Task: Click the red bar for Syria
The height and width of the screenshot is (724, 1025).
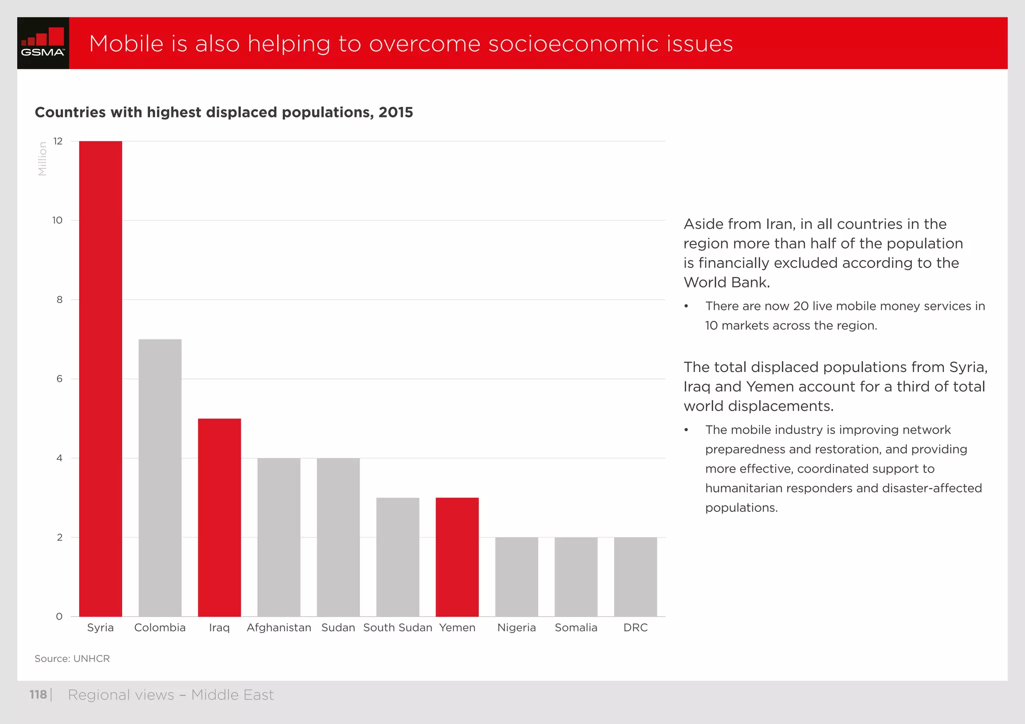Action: tap(100, 378)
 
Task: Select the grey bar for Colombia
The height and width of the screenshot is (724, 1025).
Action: tap(160, 477)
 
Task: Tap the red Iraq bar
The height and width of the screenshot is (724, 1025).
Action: tap(219, 517)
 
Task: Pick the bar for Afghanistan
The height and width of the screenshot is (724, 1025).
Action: tap(279, 537)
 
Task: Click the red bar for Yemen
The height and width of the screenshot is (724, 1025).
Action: tap(457, 556)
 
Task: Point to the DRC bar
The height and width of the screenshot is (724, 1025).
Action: tap(635, 576)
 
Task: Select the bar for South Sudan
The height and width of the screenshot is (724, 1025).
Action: tap(397, 556)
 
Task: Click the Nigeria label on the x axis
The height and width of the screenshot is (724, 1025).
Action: tap(517, 627)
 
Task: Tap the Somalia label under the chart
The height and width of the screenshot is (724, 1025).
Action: tap(576, 627)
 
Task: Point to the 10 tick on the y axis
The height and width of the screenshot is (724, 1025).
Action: tap(58, 220)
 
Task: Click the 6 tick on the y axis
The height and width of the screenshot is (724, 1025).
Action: tap(60, 379)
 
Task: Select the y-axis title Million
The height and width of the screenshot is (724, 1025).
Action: tap(43, 158)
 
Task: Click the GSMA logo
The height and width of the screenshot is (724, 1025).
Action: tap(43, 43)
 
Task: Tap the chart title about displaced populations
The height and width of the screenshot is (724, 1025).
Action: tap(224, 112)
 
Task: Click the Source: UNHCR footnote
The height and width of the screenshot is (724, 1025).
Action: tap(72, 658)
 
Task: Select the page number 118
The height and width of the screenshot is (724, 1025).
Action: tap(38, 694)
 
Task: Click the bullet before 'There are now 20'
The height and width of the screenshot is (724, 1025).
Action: tap(687, 306)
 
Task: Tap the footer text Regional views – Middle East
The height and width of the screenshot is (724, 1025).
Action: tap(171, 694)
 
